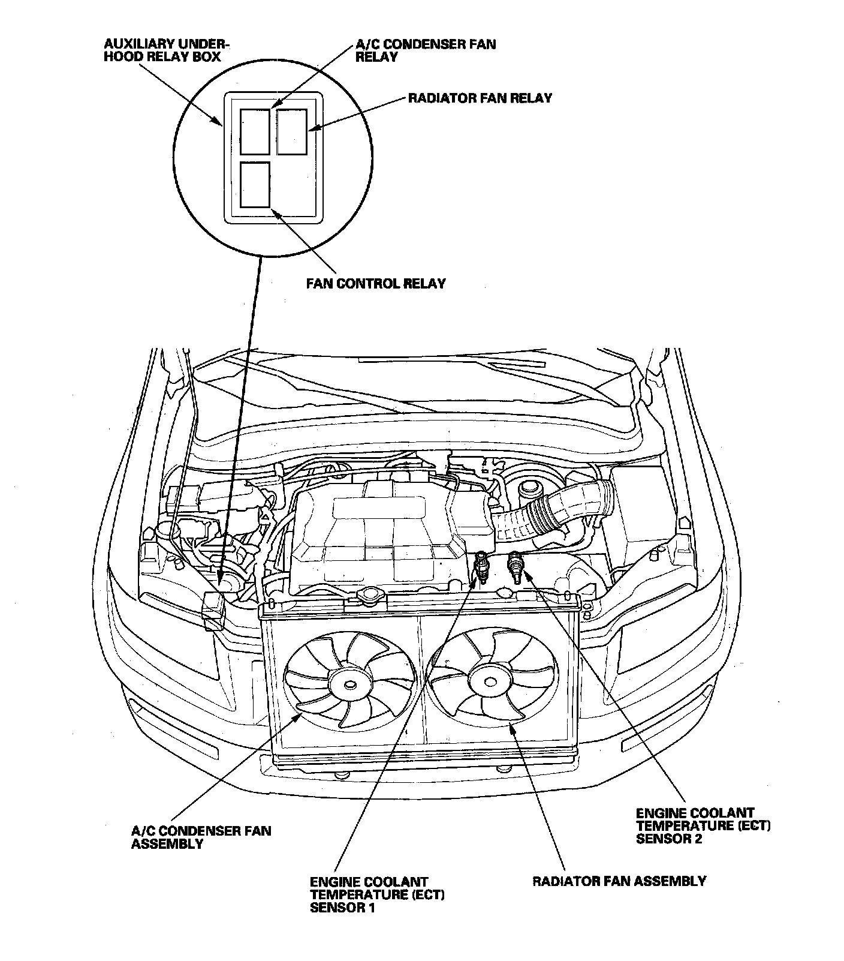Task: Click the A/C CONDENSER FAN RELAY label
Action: tap(425, 50)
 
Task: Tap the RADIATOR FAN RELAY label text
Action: tap(480, 98)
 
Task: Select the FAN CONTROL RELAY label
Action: tap(376, 283)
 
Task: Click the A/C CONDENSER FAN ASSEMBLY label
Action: tap(201, 837)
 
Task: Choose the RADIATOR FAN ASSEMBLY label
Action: tap(619, 881)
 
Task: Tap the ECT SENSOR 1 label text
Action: tap(377, 894)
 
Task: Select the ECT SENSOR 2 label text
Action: tap(703, 825)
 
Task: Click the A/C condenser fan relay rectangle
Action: tap(255, 131)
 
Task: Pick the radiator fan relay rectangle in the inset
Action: tap(292, 131)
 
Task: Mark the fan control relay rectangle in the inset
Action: tap(255, 184)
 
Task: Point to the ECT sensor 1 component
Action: tap(480, 567)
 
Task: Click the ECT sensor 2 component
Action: tap(515, 566)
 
